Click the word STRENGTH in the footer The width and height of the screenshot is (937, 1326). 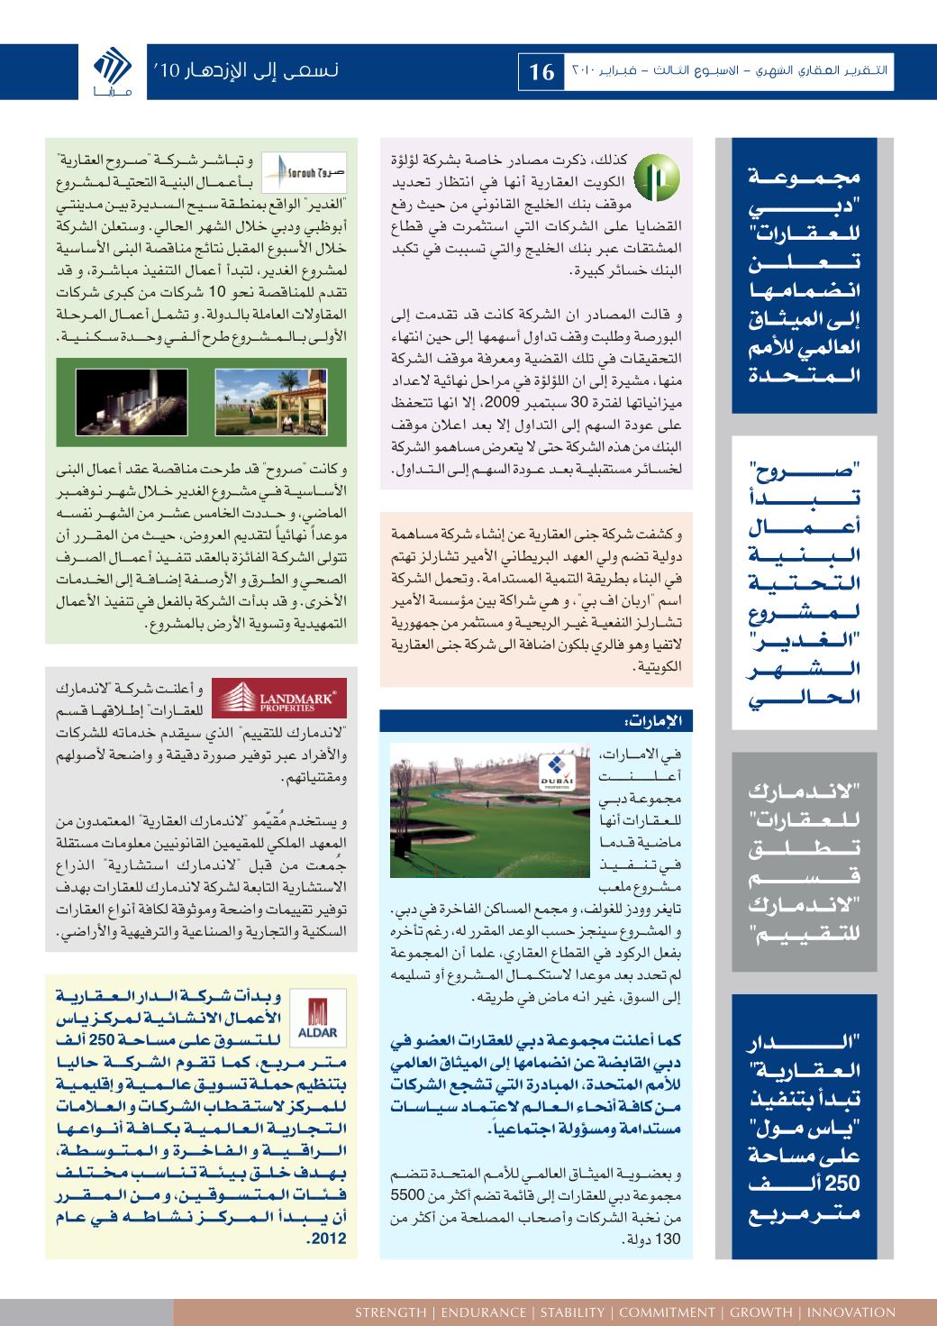[x=390, y=1312]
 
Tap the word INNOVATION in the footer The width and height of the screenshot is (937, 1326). [x=851, y=1312]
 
